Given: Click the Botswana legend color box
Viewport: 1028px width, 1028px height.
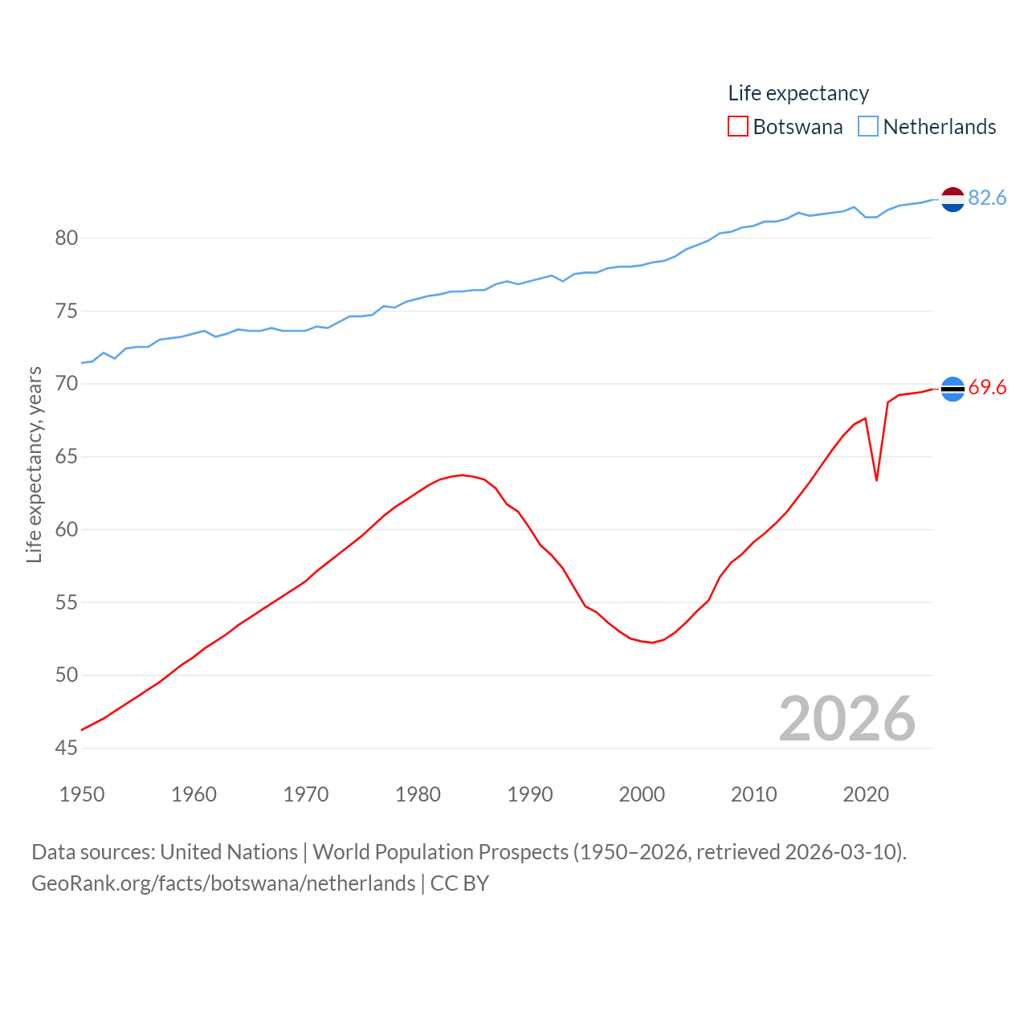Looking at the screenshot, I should point(737,127).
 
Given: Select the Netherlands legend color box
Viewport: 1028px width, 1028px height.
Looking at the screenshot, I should point(868,127).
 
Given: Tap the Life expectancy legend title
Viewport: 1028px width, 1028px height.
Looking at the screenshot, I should point(798,93).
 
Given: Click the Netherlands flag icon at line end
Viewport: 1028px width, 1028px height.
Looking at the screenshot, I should point(953,198).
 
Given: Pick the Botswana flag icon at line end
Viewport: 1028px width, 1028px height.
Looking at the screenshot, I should point(953,389).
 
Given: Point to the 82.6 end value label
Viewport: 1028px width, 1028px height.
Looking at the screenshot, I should point(987,198).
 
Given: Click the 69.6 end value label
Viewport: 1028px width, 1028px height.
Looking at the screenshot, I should point(987,388).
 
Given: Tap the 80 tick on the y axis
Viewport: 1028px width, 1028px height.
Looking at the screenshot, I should point(67,238).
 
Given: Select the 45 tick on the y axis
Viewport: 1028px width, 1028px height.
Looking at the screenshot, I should point(67,748).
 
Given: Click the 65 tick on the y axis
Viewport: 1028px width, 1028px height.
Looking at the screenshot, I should point(67,456).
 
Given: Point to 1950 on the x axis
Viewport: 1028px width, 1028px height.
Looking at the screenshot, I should point(82,794).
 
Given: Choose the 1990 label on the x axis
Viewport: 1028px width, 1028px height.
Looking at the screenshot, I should point(530,794).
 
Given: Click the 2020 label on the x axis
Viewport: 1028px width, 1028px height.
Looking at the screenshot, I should point(866,794).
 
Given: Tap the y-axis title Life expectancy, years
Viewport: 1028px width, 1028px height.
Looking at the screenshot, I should point(34,464).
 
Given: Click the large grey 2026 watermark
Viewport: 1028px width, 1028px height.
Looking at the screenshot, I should point(847,718).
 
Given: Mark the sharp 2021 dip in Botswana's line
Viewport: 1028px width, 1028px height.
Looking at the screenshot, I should point(876,479).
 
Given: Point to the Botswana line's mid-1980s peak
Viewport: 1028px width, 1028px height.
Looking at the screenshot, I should point(462,475).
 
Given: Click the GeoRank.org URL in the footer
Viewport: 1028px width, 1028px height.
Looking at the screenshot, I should point(223,883).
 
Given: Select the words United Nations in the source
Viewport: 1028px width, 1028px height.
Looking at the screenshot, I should point(229,852).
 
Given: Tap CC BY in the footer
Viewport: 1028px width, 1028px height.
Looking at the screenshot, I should point(459,883).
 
